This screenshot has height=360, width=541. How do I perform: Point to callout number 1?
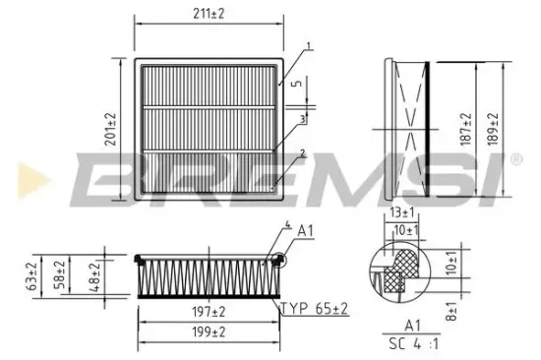pyautogui.click(x=308, y=45)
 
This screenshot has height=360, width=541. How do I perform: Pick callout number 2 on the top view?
pyautogui.click(x=303, y=153)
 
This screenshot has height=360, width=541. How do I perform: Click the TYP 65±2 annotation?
pyautogui.click(x=315, y=309)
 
